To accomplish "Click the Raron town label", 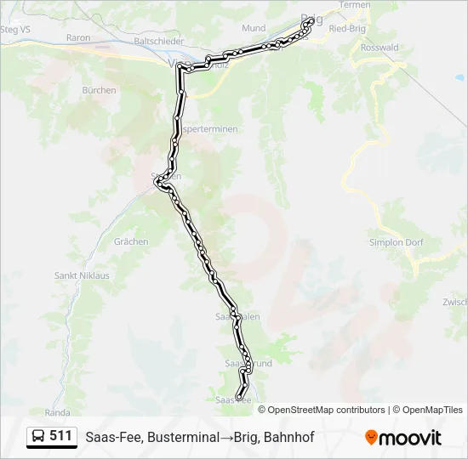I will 77,38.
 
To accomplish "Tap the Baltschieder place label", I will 159,39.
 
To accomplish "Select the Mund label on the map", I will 253,28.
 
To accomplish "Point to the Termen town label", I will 355,5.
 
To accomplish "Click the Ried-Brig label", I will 347,28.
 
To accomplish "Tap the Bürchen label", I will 99,89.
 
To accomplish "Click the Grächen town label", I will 131,241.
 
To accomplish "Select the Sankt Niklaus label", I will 82,275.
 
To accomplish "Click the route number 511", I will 60,436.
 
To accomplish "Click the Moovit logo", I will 403,438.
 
